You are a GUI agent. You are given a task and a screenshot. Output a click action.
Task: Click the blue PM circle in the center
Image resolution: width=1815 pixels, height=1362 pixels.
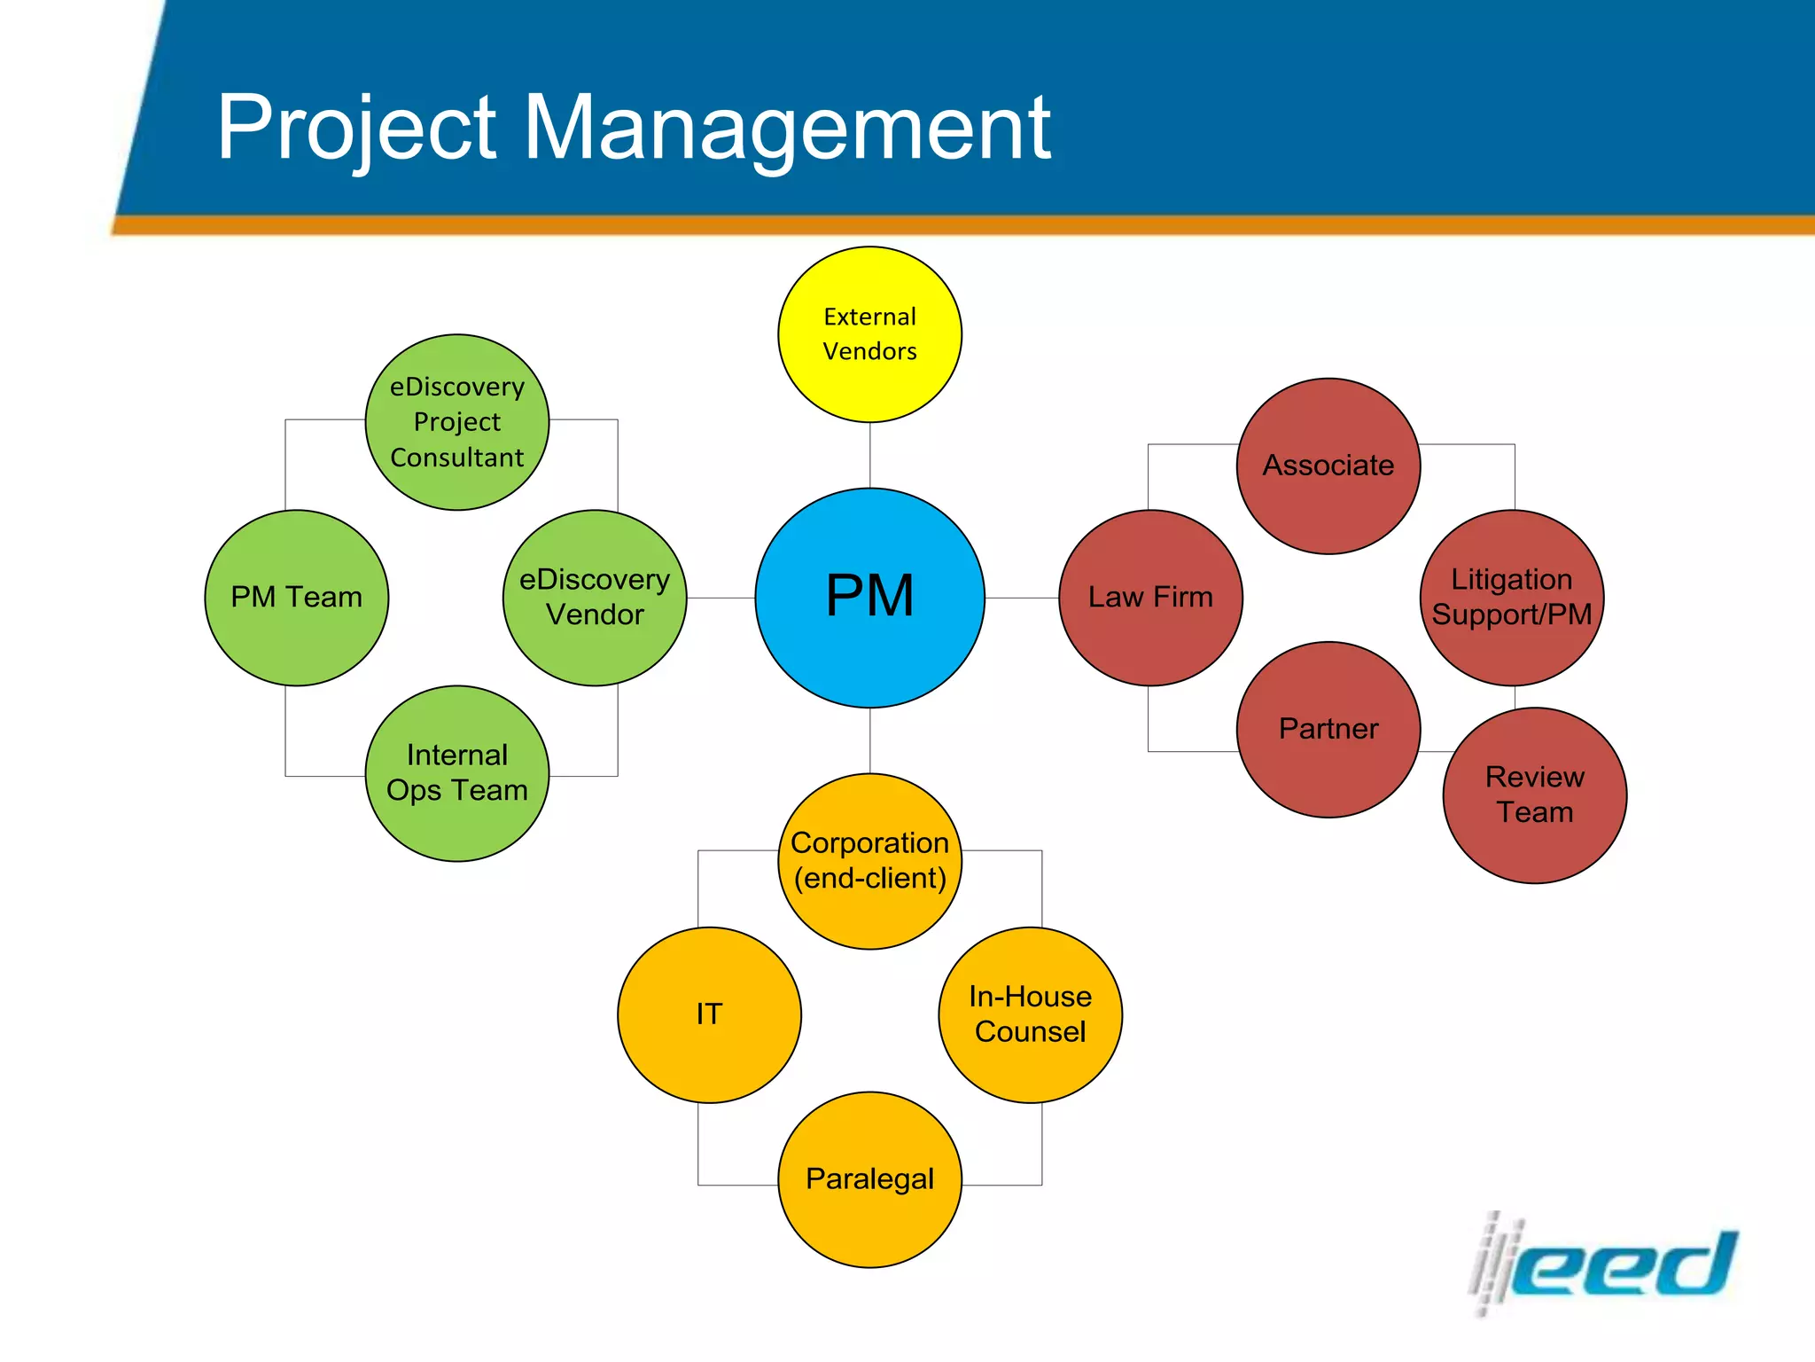coord(869,598)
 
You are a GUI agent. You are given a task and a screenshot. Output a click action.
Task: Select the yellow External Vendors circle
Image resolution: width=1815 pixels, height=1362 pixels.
coord(869,334)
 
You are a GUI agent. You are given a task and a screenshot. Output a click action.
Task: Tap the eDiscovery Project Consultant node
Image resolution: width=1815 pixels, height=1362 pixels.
coord(457,422)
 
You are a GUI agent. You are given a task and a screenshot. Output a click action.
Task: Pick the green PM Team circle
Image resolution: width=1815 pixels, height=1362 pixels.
coord(296,598)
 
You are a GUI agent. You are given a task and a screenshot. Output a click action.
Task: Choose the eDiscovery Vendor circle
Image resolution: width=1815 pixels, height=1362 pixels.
coord(595,598)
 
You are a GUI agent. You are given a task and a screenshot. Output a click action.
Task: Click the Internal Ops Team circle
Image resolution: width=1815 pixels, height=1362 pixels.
coord(457,773)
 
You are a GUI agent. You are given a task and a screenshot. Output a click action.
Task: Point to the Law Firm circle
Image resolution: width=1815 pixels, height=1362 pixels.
coord(1150,598)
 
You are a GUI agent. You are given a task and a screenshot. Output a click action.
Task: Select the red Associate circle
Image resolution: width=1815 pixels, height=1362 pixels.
coord(1328,466)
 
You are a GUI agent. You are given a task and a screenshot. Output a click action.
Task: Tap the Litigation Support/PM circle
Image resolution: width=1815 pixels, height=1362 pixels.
coord(1512,598)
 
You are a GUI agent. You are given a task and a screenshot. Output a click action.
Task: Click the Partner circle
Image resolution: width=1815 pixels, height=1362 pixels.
coord(1328,730)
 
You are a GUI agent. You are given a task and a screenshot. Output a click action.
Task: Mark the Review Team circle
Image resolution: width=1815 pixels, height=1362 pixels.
coord(1535,795)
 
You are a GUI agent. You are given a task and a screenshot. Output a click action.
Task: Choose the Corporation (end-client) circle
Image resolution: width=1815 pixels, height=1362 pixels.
coord(869,861)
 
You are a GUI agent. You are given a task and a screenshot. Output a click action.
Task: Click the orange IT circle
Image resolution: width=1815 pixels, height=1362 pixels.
coord(709,1014)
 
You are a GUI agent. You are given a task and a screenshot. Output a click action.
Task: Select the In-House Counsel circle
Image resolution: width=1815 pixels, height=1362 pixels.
coord(1030,1014)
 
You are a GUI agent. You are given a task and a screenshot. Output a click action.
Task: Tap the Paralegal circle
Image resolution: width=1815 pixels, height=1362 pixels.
coord(869,1179)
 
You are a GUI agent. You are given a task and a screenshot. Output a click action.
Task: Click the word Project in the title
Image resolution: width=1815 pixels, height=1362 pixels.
coord(356,129)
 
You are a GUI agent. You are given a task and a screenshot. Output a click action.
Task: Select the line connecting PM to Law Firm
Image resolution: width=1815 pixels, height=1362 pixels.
coord(1022,598)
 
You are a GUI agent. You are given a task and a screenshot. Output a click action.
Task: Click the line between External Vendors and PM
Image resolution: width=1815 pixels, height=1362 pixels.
coord(870,455)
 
